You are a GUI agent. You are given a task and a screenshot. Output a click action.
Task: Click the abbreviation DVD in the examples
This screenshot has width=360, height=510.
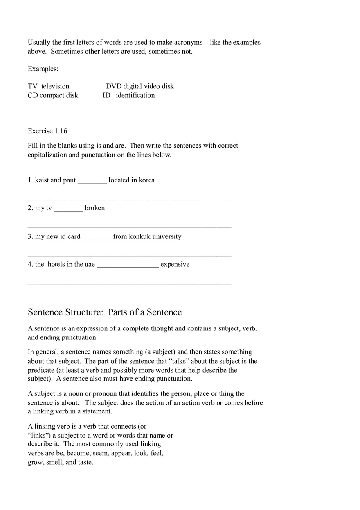point(114,86)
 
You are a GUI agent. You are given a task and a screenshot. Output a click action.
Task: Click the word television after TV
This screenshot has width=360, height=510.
point(55,86)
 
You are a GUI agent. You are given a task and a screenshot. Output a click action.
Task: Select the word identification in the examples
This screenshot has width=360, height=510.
point(135,95)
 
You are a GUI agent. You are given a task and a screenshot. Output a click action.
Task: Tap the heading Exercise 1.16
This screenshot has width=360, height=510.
point(47,131)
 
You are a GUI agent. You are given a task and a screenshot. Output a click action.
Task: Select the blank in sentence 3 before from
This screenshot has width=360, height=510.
point(97,237)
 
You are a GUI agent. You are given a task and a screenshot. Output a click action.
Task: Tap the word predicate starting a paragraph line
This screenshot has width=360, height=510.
point(41,370)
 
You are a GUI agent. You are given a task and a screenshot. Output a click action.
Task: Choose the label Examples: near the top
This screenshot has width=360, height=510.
point(43,69)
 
